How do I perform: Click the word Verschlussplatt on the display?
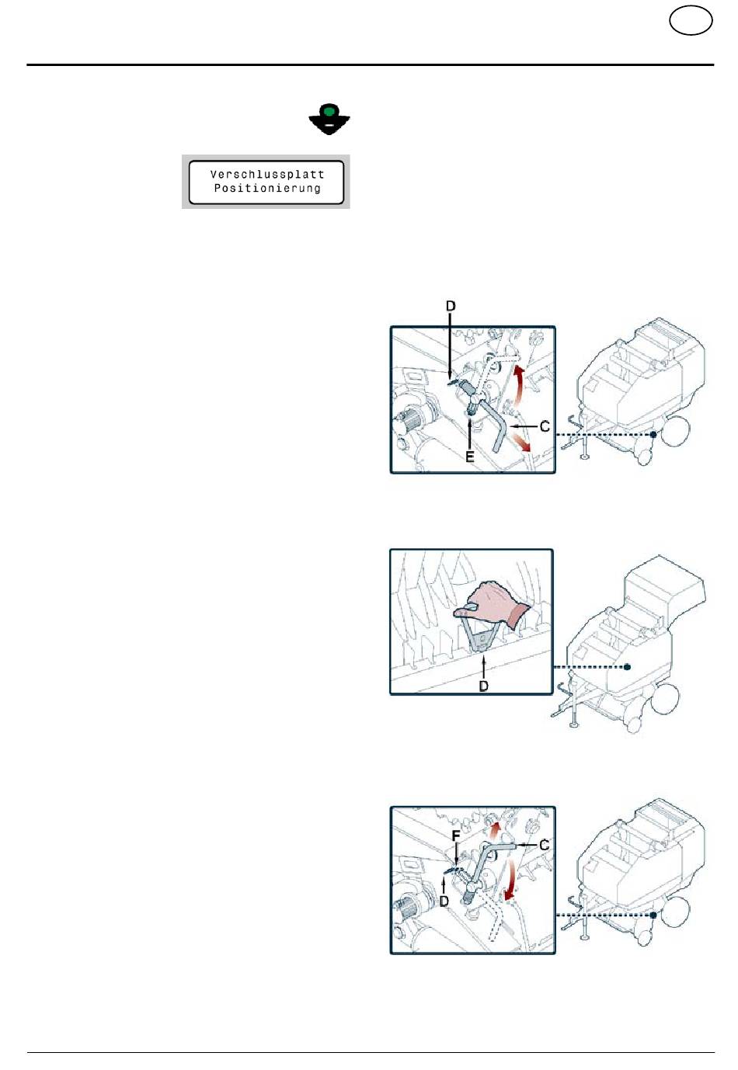coord(266,175)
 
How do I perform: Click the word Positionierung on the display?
coord(266,188)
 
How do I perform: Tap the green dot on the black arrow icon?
coord(329,110)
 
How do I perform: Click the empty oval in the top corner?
coord(691,21)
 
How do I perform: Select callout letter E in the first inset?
coord(470,457)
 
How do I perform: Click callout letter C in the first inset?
coord(545,426)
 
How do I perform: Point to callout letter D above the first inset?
coord(451,306)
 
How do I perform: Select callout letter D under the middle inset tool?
coord(484,686)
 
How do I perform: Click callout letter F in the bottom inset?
coord(456,836)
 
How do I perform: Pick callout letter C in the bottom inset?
coord(544,846)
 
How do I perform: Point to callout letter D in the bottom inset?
coord(444,902)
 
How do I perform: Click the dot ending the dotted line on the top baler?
coord(653,434)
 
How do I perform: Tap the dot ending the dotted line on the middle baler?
coord(628,667)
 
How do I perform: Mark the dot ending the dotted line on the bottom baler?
coord(653,915)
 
